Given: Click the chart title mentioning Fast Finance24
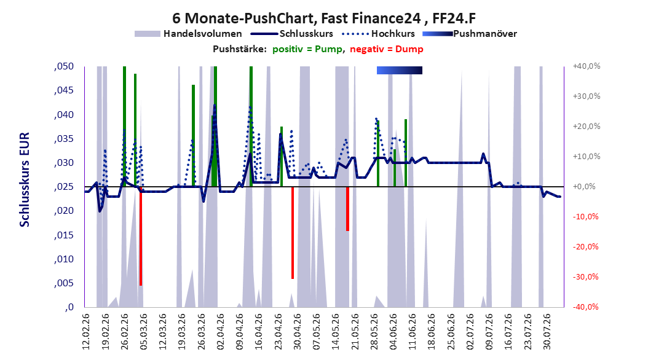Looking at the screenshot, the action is [324, 18].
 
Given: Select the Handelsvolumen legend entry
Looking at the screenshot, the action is [188, 34].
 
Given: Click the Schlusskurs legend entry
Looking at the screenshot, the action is [292, 34].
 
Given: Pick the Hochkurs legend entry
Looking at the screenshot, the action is [379, 34].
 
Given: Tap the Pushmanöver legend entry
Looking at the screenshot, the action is [470, 34].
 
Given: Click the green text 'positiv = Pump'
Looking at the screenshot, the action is [307, 49].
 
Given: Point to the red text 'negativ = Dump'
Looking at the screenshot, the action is [387, 49].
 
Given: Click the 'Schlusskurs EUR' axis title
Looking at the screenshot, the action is [25, 179].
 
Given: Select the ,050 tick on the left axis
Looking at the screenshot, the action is [64, 66].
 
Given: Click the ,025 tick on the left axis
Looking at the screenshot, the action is [64, 187].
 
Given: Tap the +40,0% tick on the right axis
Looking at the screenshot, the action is [587, 66].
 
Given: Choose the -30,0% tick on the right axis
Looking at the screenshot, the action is [585, 276].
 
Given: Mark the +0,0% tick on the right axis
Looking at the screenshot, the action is [584, 187].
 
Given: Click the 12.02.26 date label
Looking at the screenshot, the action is [86, 332].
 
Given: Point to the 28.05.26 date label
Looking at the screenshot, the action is [374, 332].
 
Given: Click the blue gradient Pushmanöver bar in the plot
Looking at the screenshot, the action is [400, 70].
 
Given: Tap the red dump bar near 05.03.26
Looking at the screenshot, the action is [141, 236].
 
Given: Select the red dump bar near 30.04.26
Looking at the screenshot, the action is [293, 233].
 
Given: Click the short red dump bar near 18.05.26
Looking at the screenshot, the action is [347, 209].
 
